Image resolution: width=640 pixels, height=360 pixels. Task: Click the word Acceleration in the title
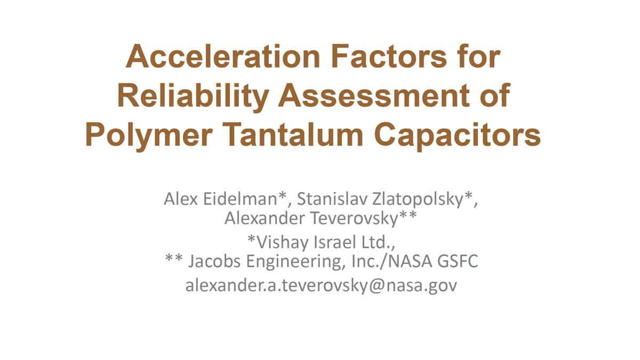(223, 57)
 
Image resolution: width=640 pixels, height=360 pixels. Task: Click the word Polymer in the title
(149, 135)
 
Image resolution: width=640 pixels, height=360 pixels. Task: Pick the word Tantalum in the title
(293, 134)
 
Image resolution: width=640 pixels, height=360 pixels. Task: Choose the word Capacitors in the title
(457, 135)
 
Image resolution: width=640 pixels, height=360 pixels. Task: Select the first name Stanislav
(332, 198)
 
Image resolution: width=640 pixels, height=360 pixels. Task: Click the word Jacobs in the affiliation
(214, 261)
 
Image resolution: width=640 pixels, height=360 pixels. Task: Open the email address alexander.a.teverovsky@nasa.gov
(322, 285)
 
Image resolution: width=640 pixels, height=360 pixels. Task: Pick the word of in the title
(495, 95)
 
